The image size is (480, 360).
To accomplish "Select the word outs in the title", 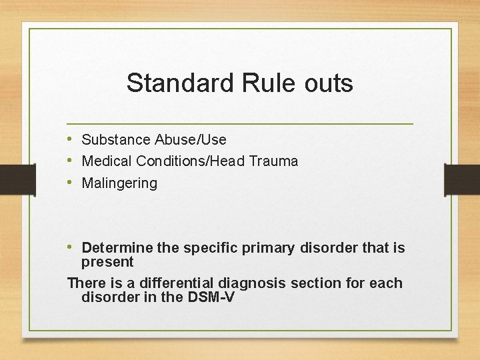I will [x=327, y=84].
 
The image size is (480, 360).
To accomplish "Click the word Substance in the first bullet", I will [x=116, y=140].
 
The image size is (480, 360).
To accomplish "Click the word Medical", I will [x=107, y=161].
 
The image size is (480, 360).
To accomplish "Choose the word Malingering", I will [x=119, y=183].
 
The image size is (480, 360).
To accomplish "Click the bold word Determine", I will [x=117, y=248].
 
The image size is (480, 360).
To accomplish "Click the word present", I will [x=107, y=262].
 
